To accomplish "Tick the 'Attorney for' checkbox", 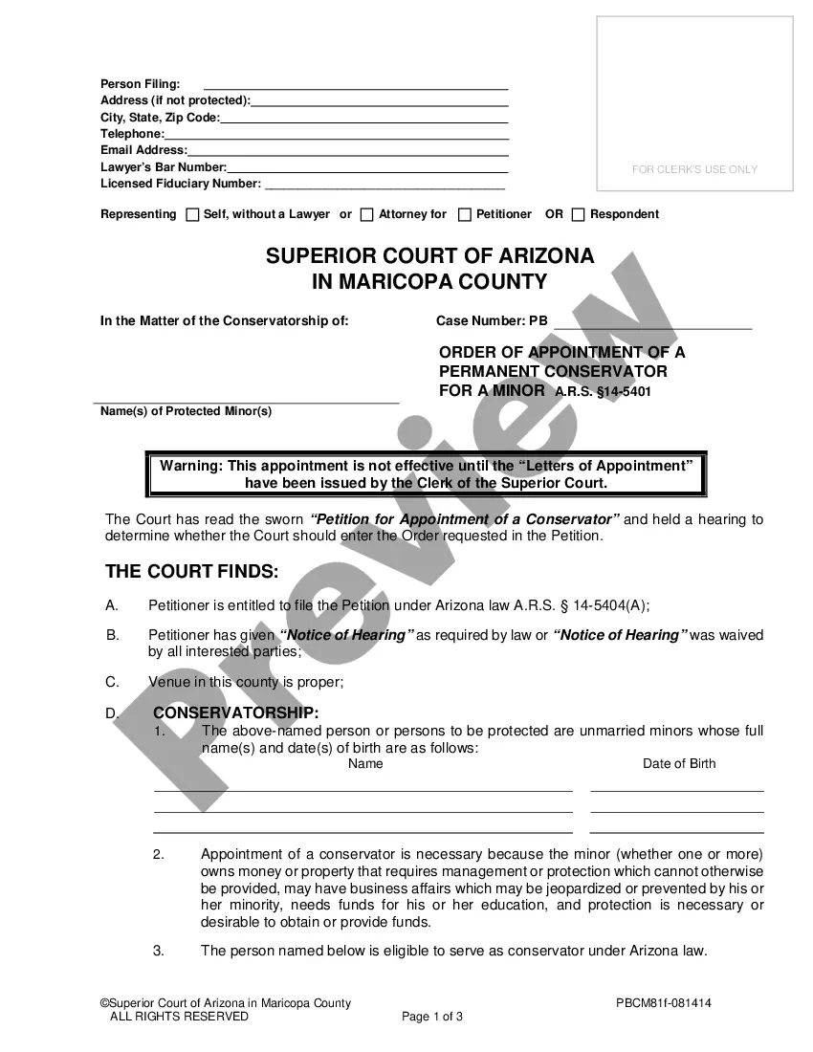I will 366,214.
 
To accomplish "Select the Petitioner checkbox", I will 465,214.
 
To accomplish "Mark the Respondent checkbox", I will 578,214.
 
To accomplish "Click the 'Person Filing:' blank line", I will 356,86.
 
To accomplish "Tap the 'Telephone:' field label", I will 132,134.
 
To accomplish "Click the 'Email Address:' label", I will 143,150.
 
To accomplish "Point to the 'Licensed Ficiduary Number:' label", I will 180,183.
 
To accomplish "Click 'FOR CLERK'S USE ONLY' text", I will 694,169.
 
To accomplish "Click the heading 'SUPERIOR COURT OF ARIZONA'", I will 429,256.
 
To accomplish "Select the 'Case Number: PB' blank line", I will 652,325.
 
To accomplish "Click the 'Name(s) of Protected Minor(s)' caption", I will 186,411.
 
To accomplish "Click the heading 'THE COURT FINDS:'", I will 191,572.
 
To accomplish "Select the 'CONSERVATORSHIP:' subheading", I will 235,713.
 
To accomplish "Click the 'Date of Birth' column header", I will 678,763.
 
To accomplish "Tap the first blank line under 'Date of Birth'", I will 677,789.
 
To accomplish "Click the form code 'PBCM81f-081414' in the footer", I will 663,1003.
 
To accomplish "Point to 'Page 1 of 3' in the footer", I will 432,1017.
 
